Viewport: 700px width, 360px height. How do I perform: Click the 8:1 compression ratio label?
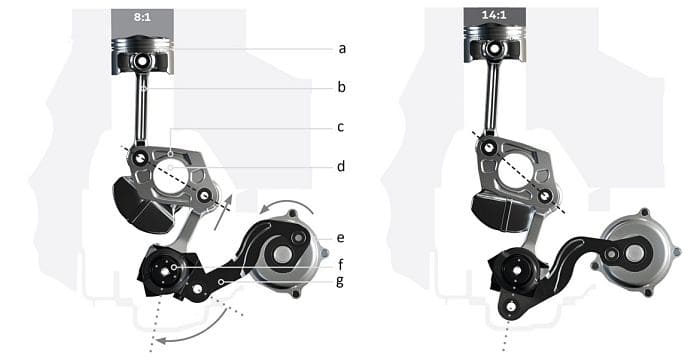142,17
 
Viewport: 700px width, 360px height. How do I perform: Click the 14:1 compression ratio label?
494,15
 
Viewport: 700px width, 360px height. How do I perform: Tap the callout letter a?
342,48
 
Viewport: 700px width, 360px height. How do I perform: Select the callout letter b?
342,87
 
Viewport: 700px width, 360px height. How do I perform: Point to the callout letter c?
341,128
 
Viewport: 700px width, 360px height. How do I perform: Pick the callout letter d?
341,166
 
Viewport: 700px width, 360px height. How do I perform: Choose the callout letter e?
341,238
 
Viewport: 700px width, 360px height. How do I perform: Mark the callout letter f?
341,264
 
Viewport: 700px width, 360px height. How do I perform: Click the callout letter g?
340,282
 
